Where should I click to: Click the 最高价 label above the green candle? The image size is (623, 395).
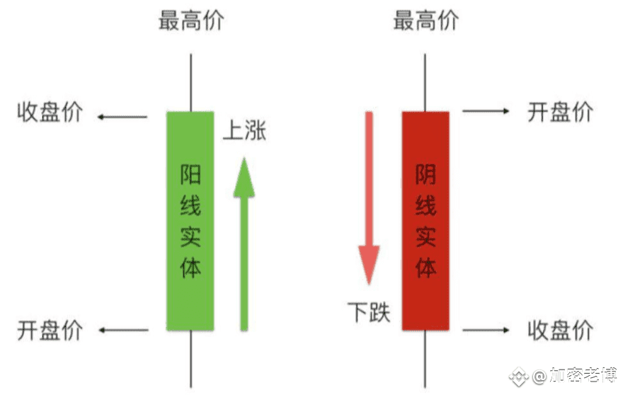click(x=192, y=21)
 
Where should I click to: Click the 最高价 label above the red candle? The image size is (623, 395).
click(x=426, y=21)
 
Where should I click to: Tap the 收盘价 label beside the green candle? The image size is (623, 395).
click(x=50, y=112)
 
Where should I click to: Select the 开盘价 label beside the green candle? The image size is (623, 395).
click(x=50, y=330)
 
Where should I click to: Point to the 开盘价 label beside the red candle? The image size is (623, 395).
click(x=560, y=112)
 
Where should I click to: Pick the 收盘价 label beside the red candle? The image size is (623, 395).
click(x=560, y=330)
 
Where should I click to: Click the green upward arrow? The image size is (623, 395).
click(x=244, y=244)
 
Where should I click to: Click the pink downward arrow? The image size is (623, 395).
click(x=369, y=198)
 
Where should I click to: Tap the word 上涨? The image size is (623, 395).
click(x=244, y=130)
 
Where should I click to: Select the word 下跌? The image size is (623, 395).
click(x=369, y=312)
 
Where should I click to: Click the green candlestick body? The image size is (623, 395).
click(x=190, y=222)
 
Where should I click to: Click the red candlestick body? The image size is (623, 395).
click(x=425, y=221)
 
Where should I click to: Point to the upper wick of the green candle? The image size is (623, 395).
click(x=190, y=83)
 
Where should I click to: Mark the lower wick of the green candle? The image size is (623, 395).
click(x=190, y=359)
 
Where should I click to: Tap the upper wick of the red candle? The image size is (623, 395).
click(x=425, y=83)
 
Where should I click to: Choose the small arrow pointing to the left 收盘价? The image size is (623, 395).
click(x=122, y=117)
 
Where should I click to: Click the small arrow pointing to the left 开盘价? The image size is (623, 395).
click(x=123, y=330)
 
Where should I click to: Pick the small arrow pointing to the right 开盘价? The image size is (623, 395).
click(x=486, y=111)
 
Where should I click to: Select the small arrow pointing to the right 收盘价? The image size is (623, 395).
click(x=486, y=330)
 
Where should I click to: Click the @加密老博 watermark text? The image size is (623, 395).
click(x=575, y=375)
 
